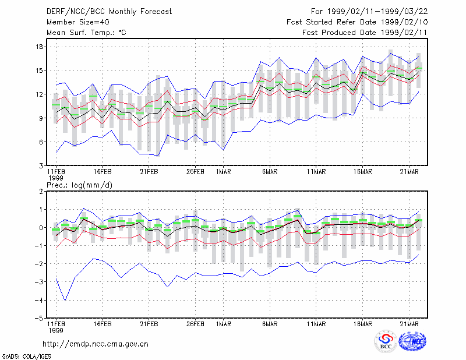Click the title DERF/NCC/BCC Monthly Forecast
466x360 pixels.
[109, 12]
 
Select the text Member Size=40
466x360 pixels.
[78, 22]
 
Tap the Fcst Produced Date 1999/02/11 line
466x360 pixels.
[365, 33]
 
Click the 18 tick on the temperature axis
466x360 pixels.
[39, 47]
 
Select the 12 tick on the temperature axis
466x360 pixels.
[39, 94]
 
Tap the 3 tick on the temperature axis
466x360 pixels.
[41, 165]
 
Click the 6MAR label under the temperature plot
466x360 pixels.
[270, 172]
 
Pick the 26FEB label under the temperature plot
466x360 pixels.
[195, 172]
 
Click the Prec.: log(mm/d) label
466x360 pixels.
[79, 185]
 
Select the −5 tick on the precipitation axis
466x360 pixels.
[38, 319]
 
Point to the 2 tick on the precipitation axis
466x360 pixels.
[41, 192]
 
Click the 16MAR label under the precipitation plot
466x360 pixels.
[362, 324]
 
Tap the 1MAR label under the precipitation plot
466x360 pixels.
[224, 324]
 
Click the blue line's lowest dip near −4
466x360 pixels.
[65, 300]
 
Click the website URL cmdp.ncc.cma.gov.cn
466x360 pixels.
[96, 344]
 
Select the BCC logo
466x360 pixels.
[386, 342]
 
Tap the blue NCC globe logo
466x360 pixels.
[412, 341]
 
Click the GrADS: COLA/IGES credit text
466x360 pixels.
[26, 357]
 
